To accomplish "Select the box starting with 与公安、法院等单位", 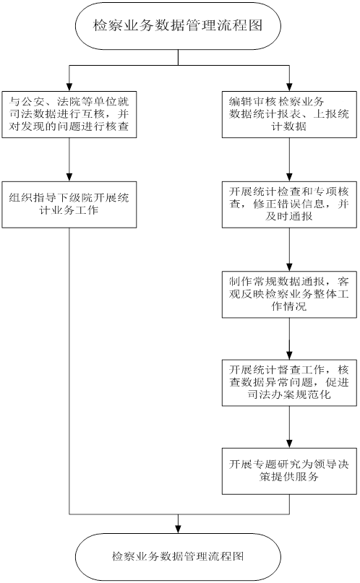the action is pos(69,115).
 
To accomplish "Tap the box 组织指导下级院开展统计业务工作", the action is pos(69,204).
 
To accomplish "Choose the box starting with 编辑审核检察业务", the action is pos(289,115).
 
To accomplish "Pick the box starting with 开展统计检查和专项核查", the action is pos(289,204).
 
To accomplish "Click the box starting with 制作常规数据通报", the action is pos(289,295).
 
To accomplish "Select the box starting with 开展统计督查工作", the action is pos(289,383).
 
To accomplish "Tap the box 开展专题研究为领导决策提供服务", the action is pos(289,471).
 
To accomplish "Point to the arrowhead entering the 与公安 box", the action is pos(69,87).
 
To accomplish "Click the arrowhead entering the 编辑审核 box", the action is pos(289,87).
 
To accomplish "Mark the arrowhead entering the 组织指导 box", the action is pos(69,178).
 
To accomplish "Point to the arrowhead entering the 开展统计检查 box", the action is pos(289,178).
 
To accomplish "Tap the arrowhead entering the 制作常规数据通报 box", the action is pos(289,268).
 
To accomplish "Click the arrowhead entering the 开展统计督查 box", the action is pos(289,356).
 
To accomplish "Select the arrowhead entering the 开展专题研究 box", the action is pos(289,444).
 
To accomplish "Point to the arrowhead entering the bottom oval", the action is pos(178,530).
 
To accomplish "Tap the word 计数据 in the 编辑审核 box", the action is pos(289,126).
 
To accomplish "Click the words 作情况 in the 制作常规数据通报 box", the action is pos(289,306).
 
